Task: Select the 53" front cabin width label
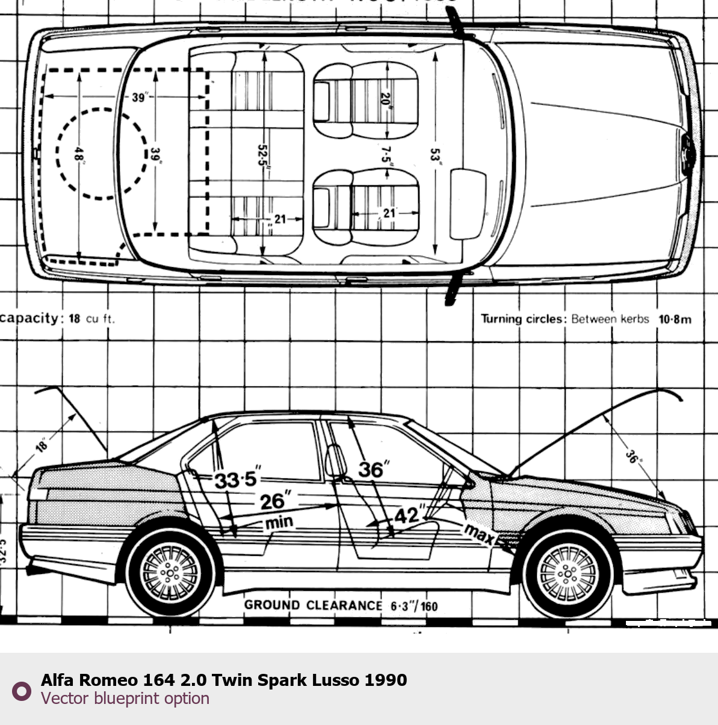click(435, 156)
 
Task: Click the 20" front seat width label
click(386, 99)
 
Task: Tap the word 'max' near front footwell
click(479, 534)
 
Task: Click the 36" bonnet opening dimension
click(631, 455)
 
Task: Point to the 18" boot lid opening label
click(42, 446)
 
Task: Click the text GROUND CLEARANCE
click(313, 605)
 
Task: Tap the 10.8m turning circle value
click(675, 319)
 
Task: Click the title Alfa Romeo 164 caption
click(224, 680)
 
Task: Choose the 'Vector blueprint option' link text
click(125, 699)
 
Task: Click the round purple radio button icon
click(22, 691)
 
